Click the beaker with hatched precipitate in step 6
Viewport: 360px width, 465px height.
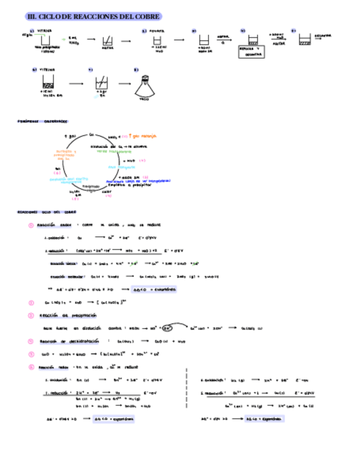tap(48, 83)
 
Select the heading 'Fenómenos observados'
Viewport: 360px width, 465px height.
tap(42, 121)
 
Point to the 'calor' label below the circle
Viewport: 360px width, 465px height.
tap(106, 191)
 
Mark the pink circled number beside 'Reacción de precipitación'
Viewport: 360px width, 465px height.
tap(31, 315)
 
